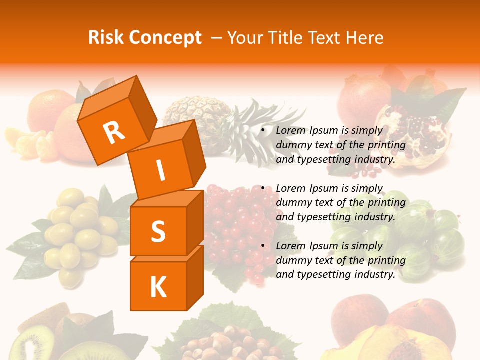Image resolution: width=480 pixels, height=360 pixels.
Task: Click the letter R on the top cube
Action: [114, 132]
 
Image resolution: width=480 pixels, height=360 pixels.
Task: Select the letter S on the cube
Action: [158, 232]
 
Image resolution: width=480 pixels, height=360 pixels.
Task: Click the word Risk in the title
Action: [107, 38]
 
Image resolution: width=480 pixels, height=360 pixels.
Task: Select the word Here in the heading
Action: [365, 38]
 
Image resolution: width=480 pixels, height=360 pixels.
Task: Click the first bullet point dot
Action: [263, 131]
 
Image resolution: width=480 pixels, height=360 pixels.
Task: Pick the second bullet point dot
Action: [263, 189]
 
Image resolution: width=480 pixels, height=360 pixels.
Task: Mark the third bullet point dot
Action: [263, 246]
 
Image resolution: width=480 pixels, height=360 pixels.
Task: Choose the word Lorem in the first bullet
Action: [290, 131]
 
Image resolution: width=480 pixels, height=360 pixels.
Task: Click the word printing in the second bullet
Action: [386, 203]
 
